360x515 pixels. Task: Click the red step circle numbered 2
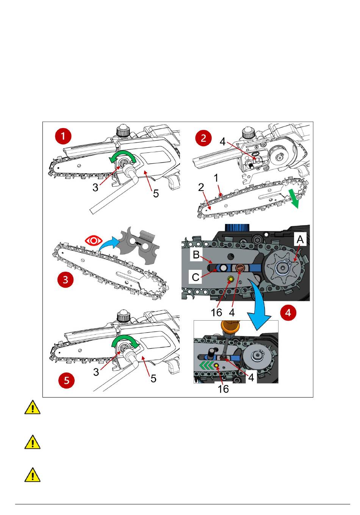(x=203, y=138)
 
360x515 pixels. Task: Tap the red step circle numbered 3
(x=66, y=280)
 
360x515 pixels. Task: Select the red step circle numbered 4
(x=288, y=313)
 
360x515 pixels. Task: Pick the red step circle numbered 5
(x=67, y=380)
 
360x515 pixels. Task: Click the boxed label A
(x=300, y=239)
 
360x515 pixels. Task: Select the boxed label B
(x=196, y=255)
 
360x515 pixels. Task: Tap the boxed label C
(x=196, y=277)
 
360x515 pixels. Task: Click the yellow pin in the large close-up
(x=230, y=279)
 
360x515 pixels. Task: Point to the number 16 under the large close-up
(x=216, y=312)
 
